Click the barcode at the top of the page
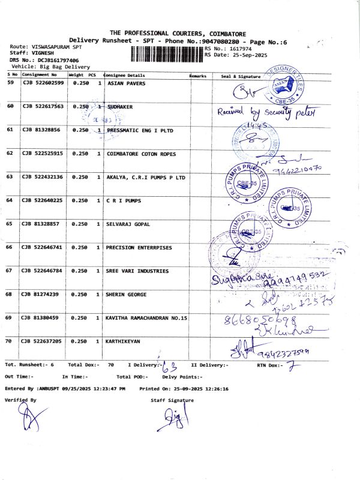[166, 52]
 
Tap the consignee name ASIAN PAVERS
[126, 83]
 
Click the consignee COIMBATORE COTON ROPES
[141, 154]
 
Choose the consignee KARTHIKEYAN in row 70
[123, 341]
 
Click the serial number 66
[10, 247]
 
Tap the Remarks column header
[198, 76]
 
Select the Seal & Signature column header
[241, 76]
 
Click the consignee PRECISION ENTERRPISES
[139, 247]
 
